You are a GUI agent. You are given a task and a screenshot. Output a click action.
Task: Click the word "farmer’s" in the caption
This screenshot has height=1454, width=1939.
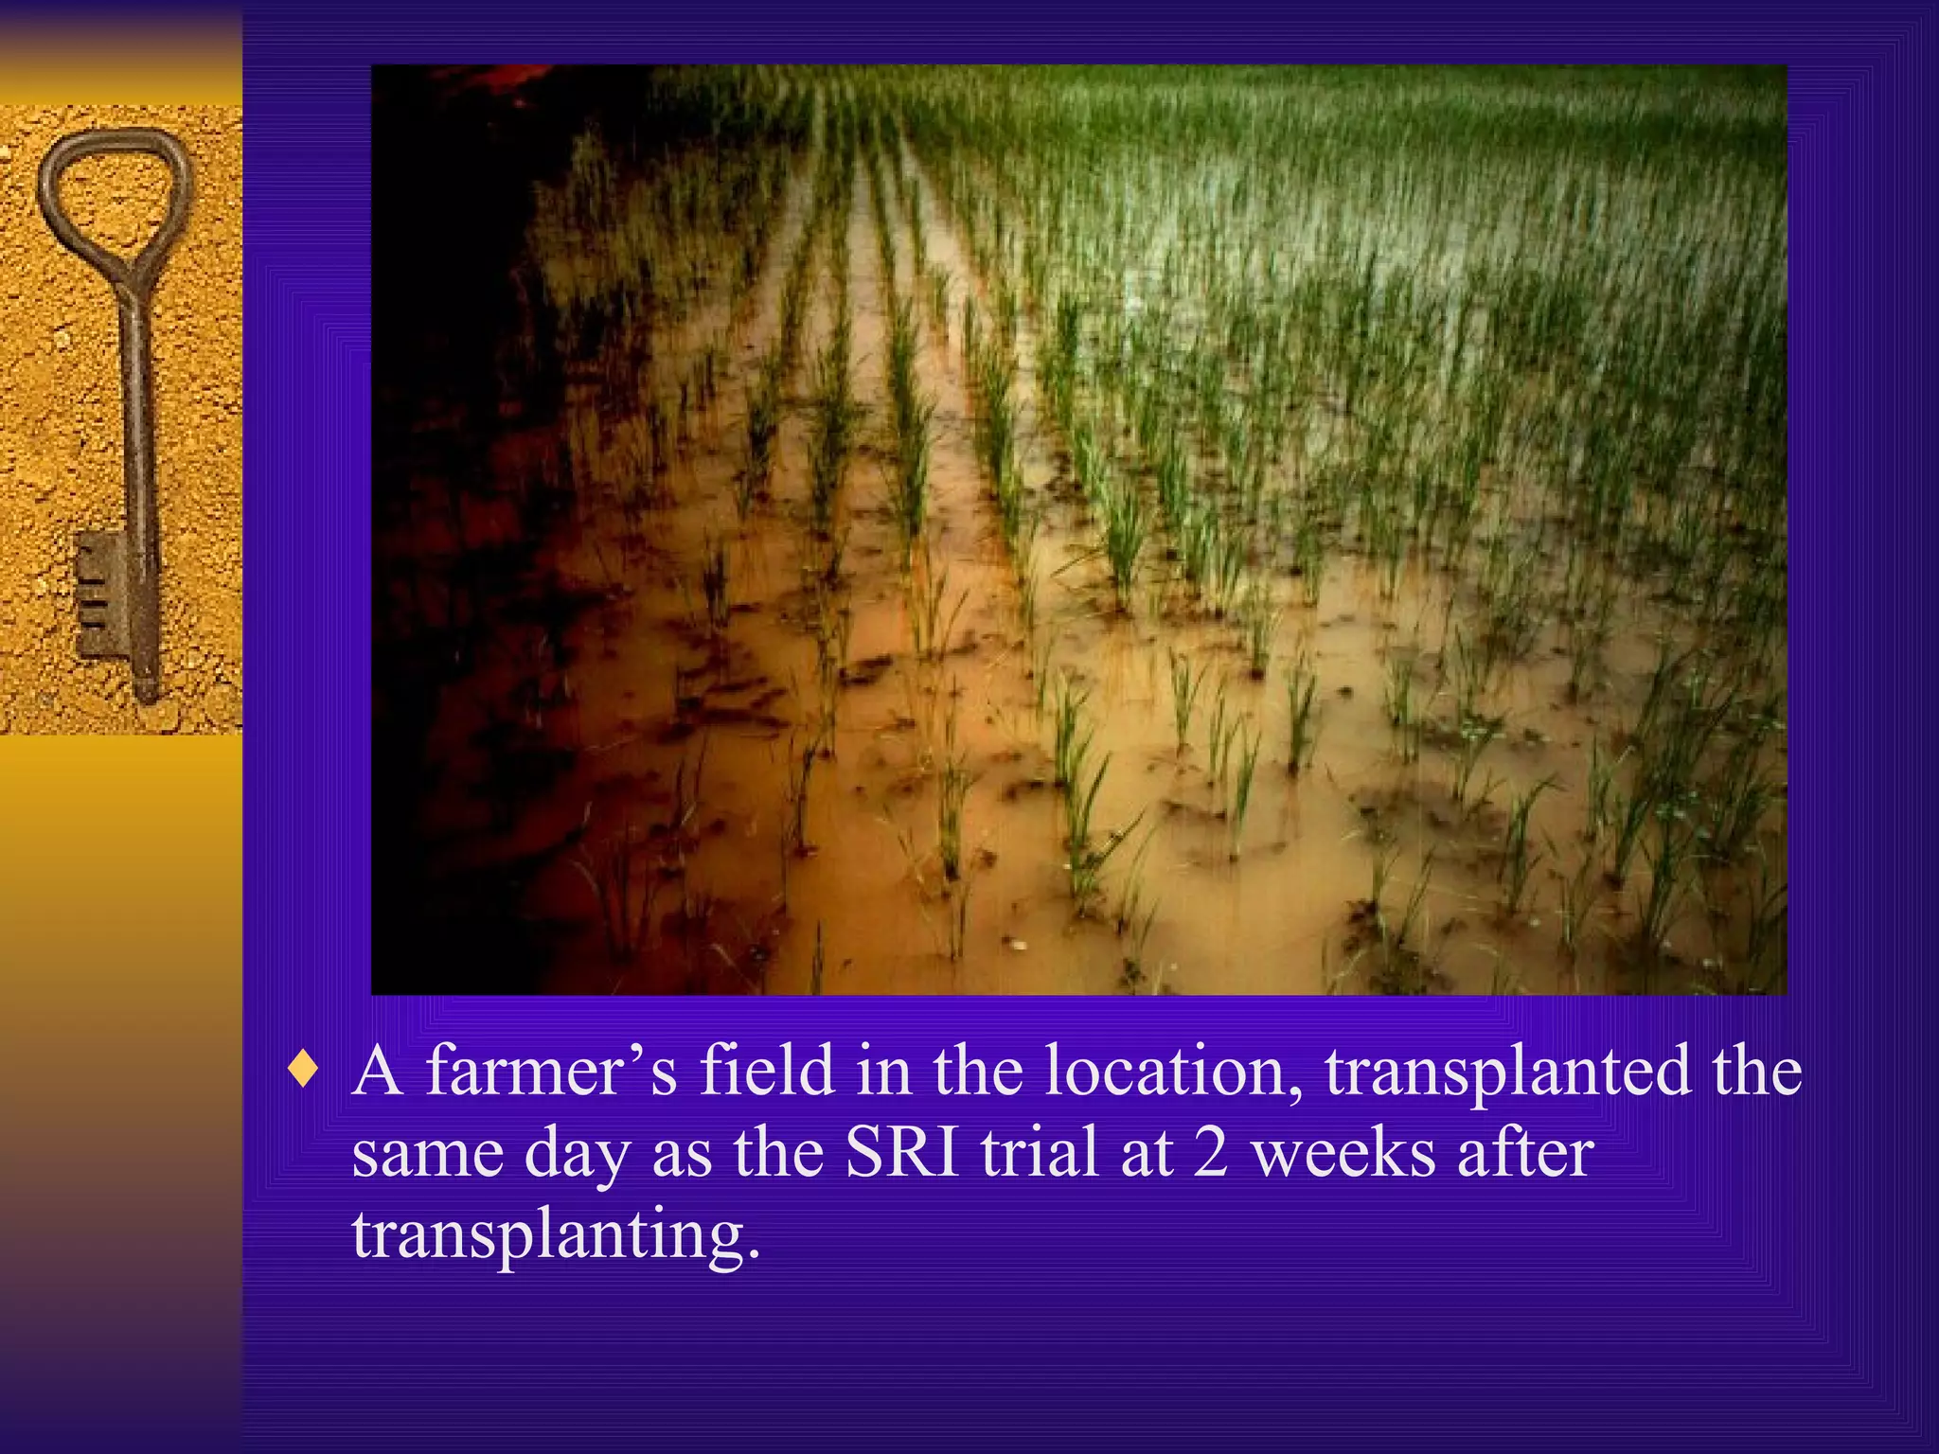pyautogui.click(x=551, y=1072)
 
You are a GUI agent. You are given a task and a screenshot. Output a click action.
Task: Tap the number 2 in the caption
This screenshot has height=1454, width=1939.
pyautogui.click(x=1210, y=1153)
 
